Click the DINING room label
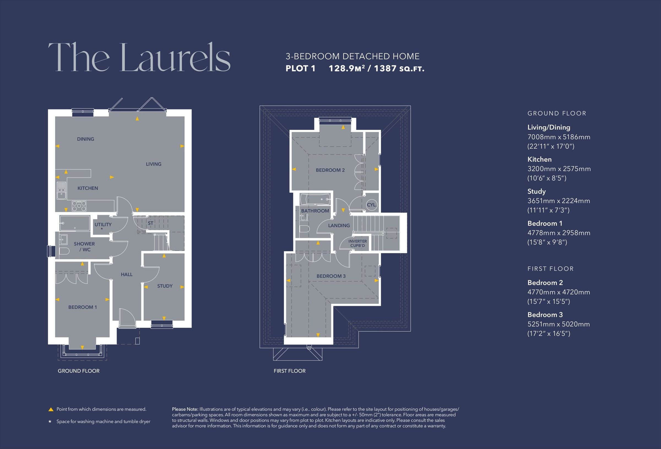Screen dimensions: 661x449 pos(85,139)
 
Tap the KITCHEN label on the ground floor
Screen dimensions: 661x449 pos(88,188)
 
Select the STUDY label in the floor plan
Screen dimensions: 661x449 pos(165,286)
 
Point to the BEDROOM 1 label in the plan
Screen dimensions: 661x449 pos(82,307)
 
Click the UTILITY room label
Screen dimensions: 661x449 pos(103,225)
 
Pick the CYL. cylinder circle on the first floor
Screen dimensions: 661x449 pos(372,205)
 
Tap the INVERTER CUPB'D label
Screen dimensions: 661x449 pos(357,243)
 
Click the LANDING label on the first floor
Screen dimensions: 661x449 pos(339,225)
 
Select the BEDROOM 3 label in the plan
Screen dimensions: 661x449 pos(331,276)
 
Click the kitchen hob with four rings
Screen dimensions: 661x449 pos(79,206)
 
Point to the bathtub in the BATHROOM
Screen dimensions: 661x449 pos(315,199)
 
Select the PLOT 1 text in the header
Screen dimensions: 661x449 pos(300,69)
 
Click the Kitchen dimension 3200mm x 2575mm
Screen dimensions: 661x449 pos(559,169)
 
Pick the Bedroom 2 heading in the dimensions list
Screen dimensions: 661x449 pos(545,283)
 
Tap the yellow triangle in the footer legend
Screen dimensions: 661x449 pos(51,409)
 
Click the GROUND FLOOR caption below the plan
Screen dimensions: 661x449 pos(78,371)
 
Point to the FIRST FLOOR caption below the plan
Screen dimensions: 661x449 pos(289,371)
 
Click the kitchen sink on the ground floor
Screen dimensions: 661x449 pos(61,191)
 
